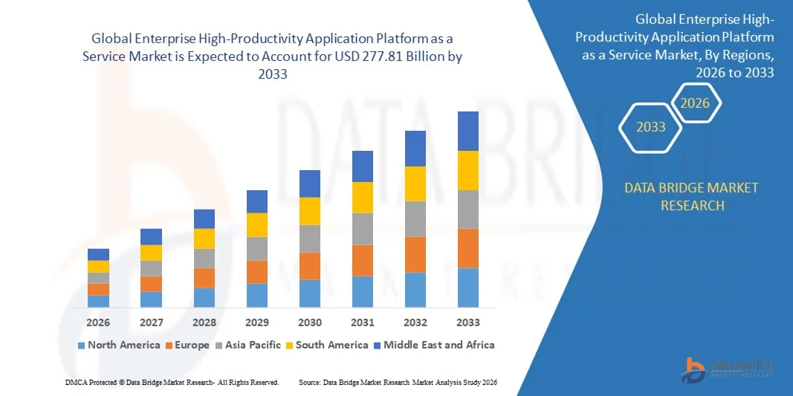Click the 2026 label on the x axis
(x=98, y=322)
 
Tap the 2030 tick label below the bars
(x=310, y=322)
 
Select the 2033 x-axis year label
(x=468, y=322)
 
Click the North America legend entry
(x=119, y=345)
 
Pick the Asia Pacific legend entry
(x=249, y=345)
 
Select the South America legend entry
(x=327, y=345)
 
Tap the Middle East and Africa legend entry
(x=433, y=345)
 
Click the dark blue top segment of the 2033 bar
(x=468, y=131)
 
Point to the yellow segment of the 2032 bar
(x=415, y=184)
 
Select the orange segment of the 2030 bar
(x=310, y=265)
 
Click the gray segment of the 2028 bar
(x=204, y=258)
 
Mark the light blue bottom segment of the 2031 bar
(x=363, y=291)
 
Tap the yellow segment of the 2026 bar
(x=98, y=266)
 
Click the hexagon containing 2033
(x=651, y=127)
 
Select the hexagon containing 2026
(x=695, y=103)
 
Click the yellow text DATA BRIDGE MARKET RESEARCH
(x=692, y=196)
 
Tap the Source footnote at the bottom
(x=398, y=382)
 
